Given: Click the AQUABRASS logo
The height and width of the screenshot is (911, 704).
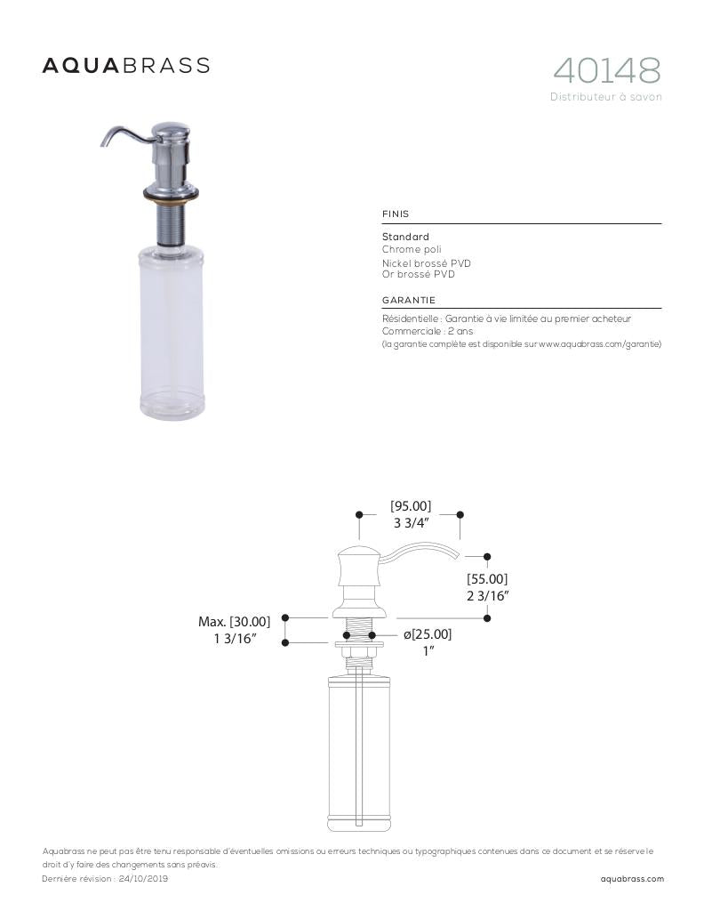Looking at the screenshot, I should click(126, 66).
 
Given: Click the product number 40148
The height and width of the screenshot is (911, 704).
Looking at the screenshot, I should click(607, 70).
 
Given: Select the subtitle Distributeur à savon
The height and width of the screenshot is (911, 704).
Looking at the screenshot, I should click(605, 97).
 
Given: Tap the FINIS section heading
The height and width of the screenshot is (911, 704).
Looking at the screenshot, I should click(396, 214).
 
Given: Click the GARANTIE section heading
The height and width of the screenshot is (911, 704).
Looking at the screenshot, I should click(409, 301).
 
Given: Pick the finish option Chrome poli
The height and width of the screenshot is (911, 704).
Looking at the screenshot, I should click(412, 250).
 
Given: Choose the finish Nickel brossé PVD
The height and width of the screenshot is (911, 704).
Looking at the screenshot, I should click(427, 263).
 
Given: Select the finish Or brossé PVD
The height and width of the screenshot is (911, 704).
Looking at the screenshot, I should click(419, 275).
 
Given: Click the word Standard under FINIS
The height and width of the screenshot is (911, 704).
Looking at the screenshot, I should click(405, 238).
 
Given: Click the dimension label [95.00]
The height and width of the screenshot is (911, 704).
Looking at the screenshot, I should click(411, 506).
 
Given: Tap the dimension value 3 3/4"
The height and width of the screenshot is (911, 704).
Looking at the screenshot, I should click(412, 523).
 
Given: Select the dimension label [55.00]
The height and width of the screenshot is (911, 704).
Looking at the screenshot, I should click(487, 579).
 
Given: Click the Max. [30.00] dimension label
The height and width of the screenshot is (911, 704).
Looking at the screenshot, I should click(234, 621).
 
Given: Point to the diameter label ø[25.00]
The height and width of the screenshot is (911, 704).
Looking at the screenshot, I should click(428, 634).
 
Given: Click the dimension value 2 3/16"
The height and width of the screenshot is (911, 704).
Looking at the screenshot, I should click(487, 596).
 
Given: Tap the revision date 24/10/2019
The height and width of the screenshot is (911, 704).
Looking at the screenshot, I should click(143, 879).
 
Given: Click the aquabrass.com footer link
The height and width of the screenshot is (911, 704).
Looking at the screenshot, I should click(632, 879).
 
